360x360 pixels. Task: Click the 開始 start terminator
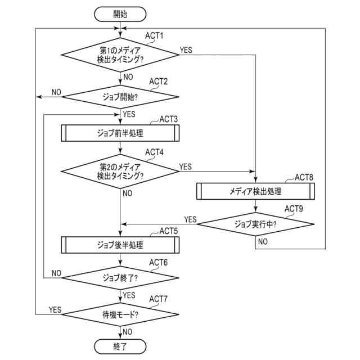(120, 14)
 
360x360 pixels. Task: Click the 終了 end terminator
(120, 346)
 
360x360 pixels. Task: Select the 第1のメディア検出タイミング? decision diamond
(120, 55)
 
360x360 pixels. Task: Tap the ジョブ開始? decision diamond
(120, 97)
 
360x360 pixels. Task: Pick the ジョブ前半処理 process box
(120, 133)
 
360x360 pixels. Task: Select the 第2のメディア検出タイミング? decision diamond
(120, 171)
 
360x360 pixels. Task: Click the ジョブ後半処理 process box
(120, 245)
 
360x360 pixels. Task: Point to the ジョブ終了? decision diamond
(120, 278)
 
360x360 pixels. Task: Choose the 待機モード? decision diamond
(120, 314)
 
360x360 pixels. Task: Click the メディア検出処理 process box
(255, 191)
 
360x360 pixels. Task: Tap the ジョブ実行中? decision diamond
(255, 224)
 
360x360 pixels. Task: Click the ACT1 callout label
(154, 35)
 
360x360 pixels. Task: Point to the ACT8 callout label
(304, 177)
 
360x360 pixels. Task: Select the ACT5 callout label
(169, 231)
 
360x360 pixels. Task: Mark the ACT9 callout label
(294, 209)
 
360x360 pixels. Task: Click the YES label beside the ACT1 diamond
(186, 50)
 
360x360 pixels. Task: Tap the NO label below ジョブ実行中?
(263, 241)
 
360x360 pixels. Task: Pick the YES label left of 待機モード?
(55, 310)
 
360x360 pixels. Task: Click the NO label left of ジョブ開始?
(56, 92)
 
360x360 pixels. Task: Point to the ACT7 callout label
(158, 299)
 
